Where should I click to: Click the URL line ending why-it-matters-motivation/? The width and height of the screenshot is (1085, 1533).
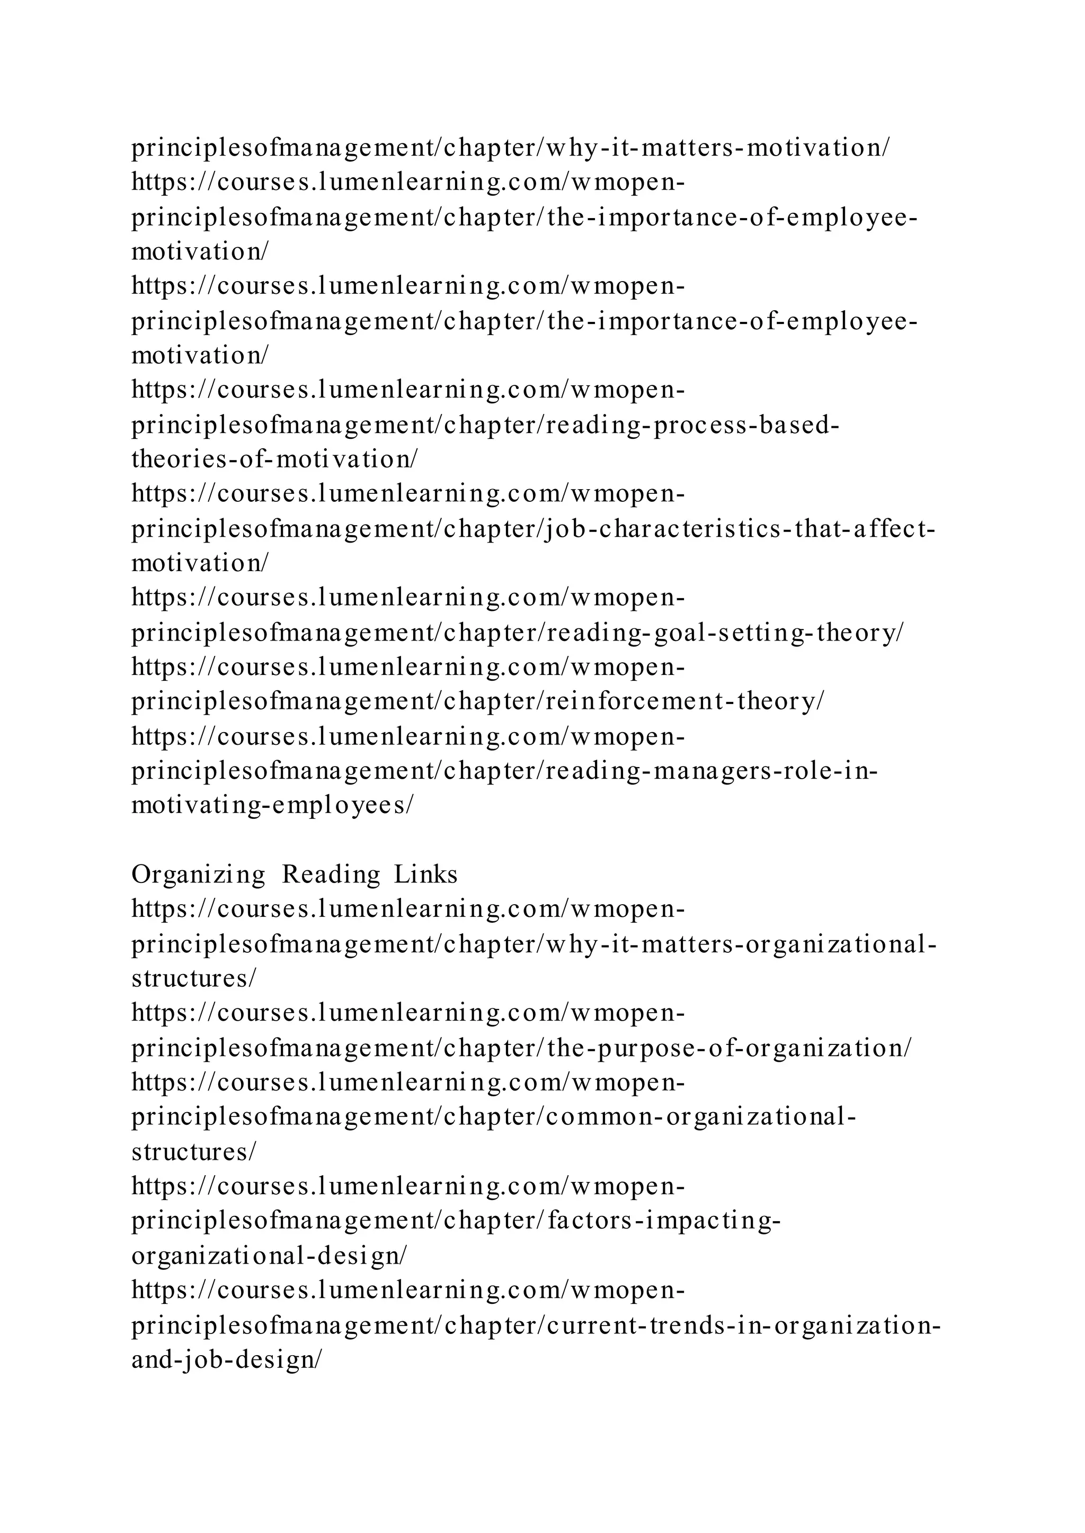(510, 148)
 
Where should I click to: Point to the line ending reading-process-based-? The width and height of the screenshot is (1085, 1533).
(486, 425)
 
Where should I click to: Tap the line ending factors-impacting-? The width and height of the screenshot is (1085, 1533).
(456, 1221)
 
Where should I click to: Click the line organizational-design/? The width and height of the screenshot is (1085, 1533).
(269, 1256)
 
